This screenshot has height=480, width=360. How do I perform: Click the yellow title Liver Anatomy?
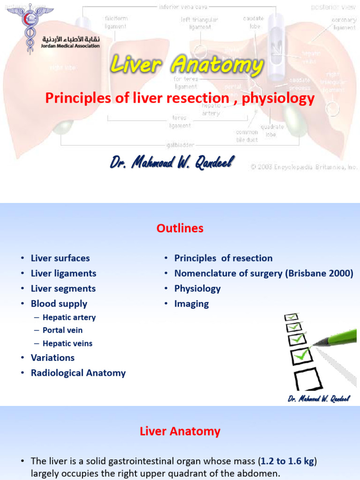click(x=187, y=65)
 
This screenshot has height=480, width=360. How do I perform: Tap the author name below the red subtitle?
click(x=171, y=163)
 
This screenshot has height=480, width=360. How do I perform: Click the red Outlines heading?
click(x=180, y=228)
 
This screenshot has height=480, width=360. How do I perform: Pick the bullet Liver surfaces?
click(x=60, y=258)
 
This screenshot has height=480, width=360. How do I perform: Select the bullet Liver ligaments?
click(x=63, y=273)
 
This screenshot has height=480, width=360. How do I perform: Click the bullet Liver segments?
click(x=63, y=289)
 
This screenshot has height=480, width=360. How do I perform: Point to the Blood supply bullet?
click(x=59, y=304)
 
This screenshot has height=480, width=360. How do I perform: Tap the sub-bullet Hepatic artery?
click(x=69, y=317)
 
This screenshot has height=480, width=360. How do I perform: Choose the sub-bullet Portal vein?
click(x=62, y=330)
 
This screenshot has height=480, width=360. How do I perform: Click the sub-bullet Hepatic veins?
click(x=67, y=344)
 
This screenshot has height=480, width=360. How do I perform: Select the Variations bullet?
click(x=52, y=358)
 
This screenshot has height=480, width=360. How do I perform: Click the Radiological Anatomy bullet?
click(x=78, y=373)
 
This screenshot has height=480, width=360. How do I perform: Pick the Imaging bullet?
click(x=191, y=304)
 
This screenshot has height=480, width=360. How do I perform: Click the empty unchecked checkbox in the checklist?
click(x=307, y=379)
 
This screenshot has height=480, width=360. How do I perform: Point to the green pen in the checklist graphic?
click(x=335, y=338)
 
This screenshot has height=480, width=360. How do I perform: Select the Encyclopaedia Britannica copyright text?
click(x=304, y=167)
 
